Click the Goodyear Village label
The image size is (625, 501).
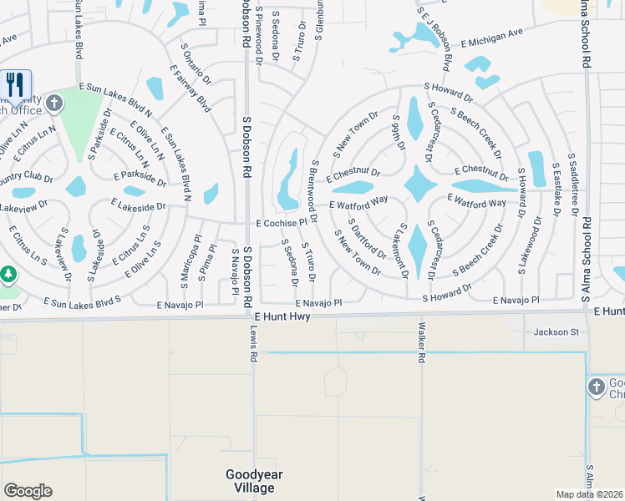255,481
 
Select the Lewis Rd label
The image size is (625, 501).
252,342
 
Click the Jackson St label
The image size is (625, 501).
556,332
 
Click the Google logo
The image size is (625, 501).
28,491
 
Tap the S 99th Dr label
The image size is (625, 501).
399,133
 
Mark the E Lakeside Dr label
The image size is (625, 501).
138,205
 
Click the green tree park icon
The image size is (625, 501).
8,275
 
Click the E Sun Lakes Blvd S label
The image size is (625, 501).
83,301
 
